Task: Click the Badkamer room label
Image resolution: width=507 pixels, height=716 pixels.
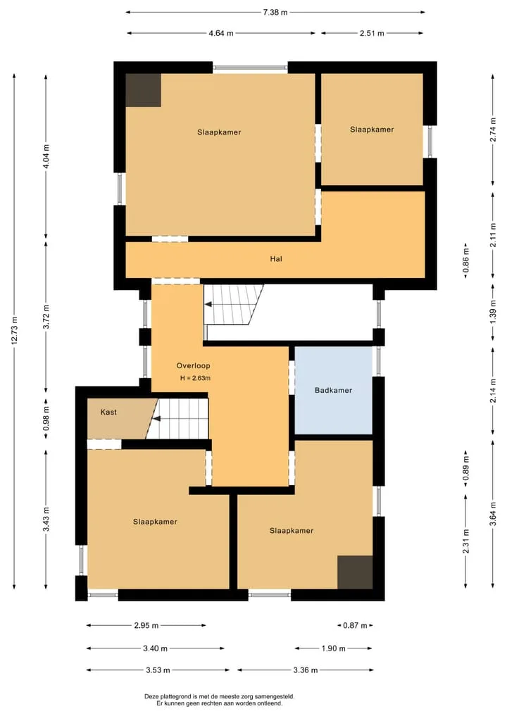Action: pyautogui.click(x=334, y=391)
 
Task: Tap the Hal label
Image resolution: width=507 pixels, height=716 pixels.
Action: pyautogui.click(x=276, y=259)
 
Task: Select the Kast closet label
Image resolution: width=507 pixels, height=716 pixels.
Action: pyautogui.click(x=108, y=412)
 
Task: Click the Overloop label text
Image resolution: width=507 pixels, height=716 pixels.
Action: pyautogui.click(x=193, y=366)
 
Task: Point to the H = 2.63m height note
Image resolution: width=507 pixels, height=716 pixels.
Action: pyautogui.click(x=195, y=378)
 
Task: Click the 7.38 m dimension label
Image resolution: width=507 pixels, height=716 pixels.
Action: pyautogui.click(x=275, y=13)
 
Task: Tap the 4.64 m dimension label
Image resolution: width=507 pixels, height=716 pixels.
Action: pyautogui.click(x=221, y=33)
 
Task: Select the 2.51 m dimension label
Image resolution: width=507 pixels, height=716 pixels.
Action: pyautogui.click(x=372, y=33)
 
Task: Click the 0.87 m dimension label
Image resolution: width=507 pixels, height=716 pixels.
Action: pyautogui.click(x=355, y=625)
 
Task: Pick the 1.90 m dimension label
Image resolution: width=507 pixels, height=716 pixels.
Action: pyautogui.click(x=334, y=648)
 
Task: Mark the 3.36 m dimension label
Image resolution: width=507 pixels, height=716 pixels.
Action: pyautogui.click(x=305, y=670)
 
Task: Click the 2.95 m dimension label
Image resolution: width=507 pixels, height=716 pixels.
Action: pyautogui.click(x=146, y=625)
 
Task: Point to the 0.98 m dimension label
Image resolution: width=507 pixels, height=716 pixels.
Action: pyautogui.click(x=46, y=419)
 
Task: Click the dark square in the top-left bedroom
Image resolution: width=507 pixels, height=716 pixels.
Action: pyautogui.click(x=144, y=90)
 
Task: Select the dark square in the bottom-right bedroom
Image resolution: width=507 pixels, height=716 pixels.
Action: pyautogui.click(x=355, y=572)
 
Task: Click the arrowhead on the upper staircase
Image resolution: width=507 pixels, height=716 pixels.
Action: pyautogui.click(x=208, y=305)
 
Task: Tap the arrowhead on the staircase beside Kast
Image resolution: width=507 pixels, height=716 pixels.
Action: pyautogui.click(x=156, y=419)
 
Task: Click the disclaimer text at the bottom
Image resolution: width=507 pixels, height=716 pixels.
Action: pyautogui.click(x=219, y=700)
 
